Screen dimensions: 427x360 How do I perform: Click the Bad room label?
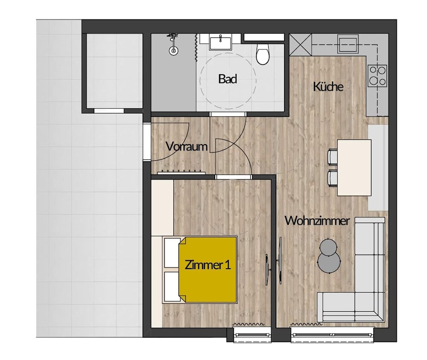click(x=228, y=79)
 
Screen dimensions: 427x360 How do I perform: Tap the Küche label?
click(x=328, y=87)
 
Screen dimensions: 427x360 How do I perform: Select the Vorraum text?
click(x=187, y=147)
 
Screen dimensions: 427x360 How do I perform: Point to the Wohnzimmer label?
click(x=317, y=221)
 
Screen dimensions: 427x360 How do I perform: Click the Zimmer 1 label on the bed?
click(x=208, y=265)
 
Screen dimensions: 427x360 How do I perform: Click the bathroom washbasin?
click(x=220, y=43)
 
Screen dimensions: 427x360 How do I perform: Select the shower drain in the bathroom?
click(x=173, y=50)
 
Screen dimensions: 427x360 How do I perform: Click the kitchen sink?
click(x=348, y=44)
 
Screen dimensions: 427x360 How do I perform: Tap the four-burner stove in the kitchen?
click(x=377, y=75)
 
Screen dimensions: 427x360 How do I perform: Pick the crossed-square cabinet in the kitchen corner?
click(x=300, y=45)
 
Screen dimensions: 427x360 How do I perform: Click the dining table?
click(x=354, y=168)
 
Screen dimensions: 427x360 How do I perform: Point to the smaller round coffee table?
click(x=328, y=247)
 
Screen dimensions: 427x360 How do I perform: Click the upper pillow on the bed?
click(x=173, y=253)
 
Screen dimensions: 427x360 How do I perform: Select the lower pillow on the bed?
click(x=173, y=287)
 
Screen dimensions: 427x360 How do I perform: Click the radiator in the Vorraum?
click(x=181, y=172)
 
